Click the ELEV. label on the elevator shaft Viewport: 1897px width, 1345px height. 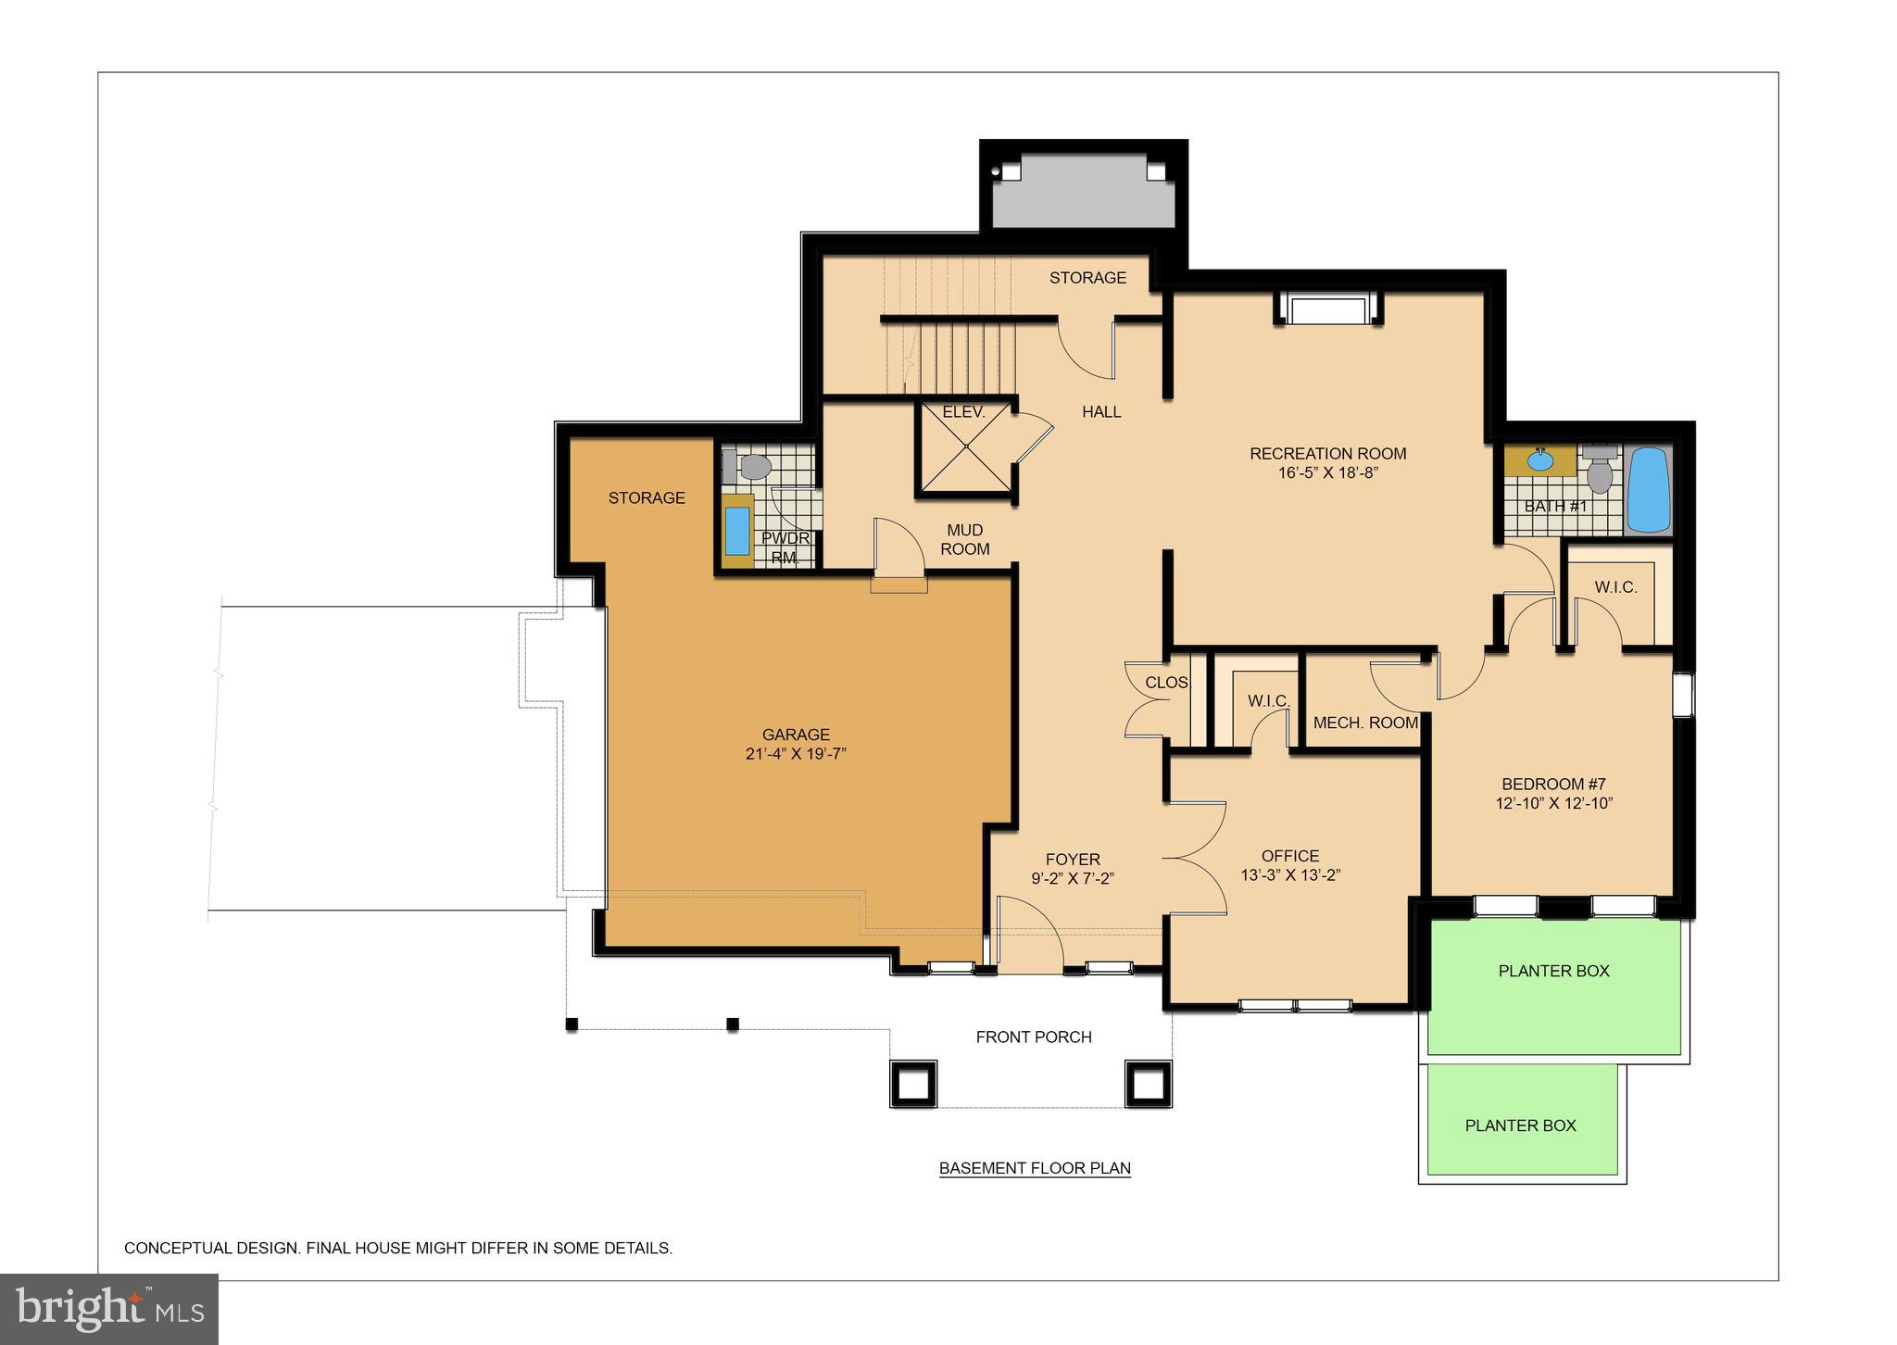[963, 412]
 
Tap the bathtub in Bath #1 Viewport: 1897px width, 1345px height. [1648, 490]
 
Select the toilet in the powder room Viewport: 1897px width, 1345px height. [752, 467]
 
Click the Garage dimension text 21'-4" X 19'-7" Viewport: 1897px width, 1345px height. [796, 754]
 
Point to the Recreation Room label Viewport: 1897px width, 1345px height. [1327, 454]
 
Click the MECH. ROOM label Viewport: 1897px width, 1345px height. [1365, 723]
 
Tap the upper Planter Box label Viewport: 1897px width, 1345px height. [1553, 971]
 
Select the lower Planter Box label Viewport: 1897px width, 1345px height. [1520, 1125]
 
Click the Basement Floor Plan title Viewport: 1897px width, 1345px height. [1035, 1168]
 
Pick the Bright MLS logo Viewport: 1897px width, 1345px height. [109, 1308]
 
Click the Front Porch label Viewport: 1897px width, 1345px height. [1034, 1037]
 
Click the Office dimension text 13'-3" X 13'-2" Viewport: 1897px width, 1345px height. [1290, 875]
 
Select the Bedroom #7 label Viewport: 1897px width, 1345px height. [1553, 784]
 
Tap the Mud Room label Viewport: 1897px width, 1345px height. [964, 539]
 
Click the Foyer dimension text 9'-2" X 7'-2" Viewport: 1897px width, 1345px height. [1073, 879]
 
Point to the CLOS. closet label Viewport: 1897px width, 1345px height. [1166, 683]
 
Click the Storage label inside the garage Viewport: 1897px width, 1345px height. [647, 498]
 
